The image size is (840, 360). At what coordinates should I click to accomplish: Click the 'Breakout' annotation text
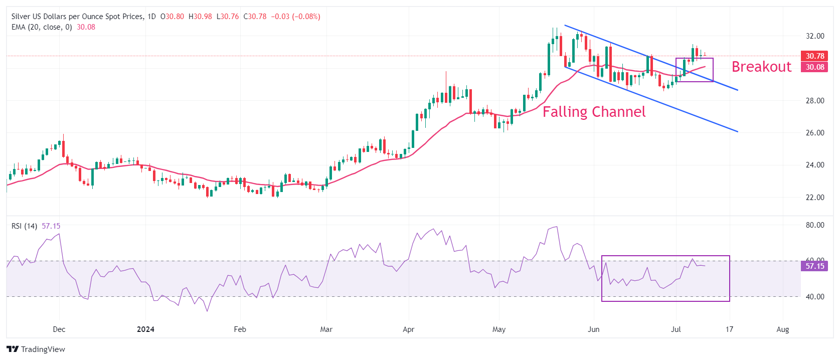pos(761,67)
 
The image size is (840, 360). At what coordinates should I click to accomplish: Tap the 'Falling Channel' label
pos(594,111)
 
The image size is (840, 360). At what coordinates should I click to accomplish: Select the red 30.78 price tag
pos(814,56)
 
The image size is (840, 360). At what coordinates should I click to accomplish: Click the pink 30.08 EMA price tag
pos(814,67)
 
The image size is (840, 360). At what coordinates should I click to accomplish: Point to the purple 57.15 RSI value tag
pos(814,266)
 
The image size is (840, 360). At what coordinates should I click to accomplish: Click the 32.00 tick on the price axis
pos(815,36)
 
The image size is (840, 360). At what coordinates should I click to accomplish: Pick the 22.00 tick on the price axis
pos(815,198)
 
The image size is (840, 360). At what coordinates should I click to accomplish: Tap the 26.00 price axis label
pos(815,133)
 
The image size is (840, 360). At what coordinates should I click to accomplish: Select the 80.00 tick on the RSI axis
pos(815,225)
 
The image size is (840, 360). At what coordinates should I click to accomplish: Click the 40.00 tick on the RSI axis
pos(815,297)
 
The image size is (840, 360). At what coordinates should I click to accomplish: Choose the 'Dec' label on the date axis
pos(59,329)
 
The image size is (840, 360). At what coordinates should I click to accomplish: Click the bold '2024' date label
pos(145,329)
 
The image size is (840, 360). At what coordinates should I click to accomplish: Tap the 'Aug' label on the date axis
pos(782,329)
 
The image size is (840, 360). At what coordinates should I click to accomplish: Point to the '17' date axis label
pos(729,329)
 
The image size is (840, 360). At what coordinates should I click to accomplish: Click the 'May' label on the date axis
pos(499,329)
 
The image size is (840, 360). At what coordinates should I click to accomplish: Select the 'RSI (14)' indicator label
pos(24,226)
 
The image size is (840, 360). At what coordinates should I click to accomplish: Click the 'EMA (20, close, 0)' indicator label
pos(42,27)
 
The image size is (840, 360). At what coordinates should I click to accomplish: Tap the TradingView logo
pos(36,349)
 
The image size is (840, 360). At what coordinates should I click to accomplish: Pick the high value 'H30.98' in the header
pos(200,17)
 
